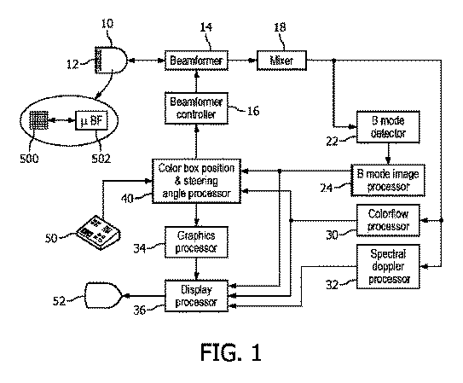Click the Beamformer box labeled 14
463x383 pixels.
[196, 61]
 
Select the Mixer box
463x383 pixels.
[281, 61]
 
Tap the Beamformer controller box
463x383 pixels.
[196, 108]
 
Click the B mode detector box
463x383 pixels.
[388, 127]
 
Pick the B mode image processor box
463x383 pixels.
[388, 181]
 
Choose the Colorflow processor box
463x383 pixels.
[388, 221]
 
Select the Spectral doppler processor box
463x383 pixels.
[388, 267]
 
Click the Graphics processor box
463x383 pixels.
[196, 242]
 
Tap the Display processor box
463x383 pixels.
[196, 296]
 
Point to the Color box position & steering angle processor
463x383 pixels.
[196, 181]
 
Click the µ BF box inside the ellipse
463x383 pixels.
[91, 120]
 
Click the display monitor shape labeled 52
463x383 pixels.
[103, 296]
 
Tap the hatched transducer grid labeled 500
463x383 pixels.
[38, 120]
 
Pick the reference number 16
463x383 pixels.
[253, 112]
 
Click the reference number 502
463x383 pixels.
[101, 159]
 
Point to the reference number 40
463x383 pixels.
[127, 199]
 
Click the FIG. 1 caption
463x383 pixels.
[231, 352]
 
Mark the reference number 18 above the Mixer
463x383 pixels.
[280, 27]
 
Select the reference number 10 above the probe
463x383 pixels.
[107, 23]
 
